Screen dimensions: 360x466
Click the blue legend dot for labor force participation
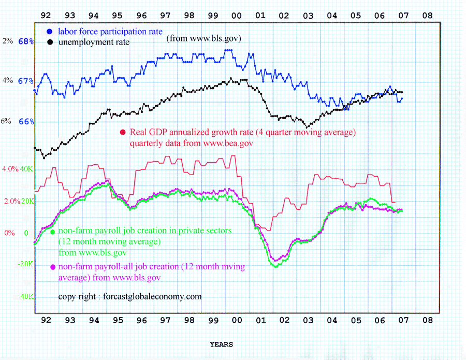[x=49, y=31]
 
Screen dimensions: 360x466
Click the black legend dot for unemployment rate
[x=49, y=42]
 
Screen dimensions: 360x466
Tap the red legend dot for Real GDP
[x=123, y=132]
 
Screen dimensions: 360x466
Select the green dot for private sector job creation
[x=53, y=232]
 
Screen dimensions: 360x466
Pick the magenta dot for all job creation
[x=53, y=267]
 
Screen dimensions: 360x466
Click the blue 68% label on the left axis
[x=26, y=41]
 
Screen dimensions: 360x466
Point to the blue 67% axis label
[x=26, y=81]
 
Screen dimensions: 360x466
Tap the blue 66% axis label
[x=26, y=122]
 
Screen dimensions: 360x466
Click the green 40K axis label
[x=26, y=169]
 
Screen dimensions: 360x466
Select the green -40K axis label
[x=25, y=297]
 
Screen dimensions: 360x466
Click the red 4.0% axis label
[x=10, y=169]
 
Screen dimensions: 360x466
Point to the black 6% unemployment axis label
[x=6, y=121]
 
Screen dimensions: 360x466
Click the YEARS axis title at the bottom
[x=221, y=344]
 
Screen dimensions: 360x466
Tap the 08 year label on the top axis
[x=427, y=16]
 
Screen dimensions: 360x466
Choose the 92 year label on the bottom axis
[x=46, y=321]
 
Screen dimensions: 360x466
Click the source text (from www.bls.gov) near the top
[x=203, y=38]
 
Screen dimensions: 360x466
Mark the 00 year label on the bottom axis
[x=237, y=321]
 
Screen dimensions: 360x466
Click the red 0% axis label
[x=9, y=233]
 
